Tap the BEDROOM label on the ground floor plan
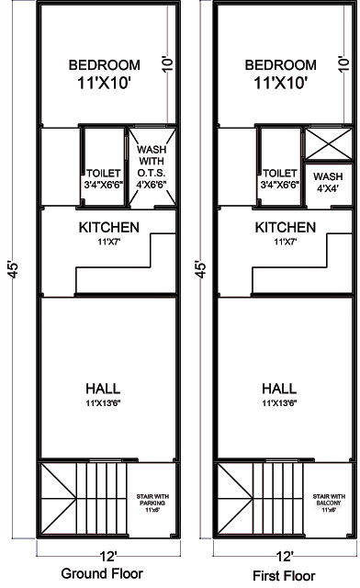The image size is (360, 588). click(x=106, y=64)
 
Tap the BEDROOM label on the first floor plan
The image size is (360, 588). click(x=282, y=64)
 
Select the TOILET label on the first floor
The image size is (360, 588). click(x=279, y=172)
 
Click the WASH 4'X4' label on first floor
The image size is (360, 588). click(x=328, y=182)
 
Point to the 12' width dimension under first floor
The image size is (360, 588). click(x=285, y=556)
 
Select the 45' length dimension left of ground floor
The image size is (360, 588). click(x=14, y=274)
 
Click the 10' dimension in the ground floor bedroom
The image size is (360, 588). click(x=166, y=63)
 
